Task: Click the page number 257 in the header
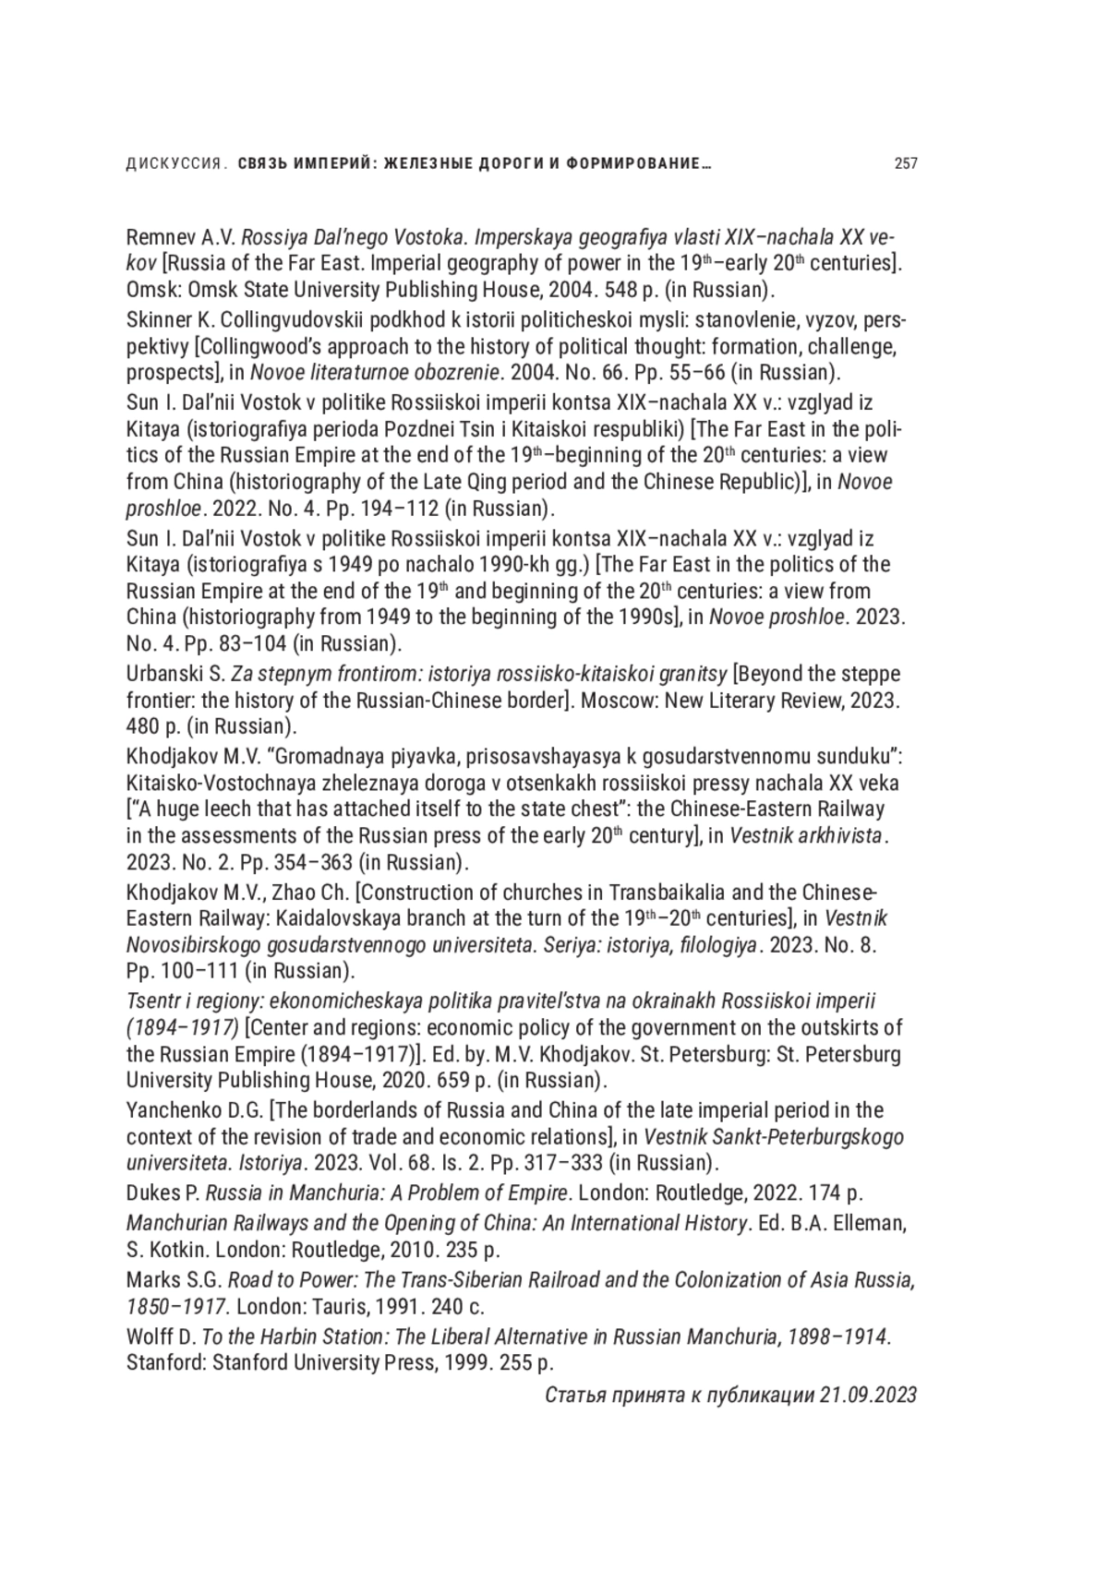pyautogui.click(x=905, y=164)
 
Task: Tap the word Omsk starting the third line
pyautogui.click(x=150, y=289)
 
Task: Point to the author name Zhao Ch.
pyautogui.click(x=312, y=893)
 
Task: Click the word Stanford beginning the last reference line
pyautogui.click(x=165, y=1362)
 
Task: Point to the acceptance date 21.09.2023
pyautogui.click(x=867, y=1394)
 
